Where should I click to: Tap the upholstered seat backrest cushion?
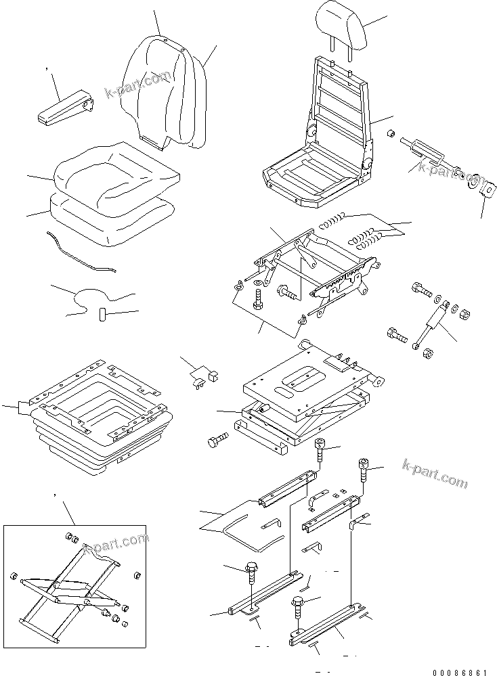166,91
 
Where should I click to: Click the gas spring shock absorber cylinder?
433,321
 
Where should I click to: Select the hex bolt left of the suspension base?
217,442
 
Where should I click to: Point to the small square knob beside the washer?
485,191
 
